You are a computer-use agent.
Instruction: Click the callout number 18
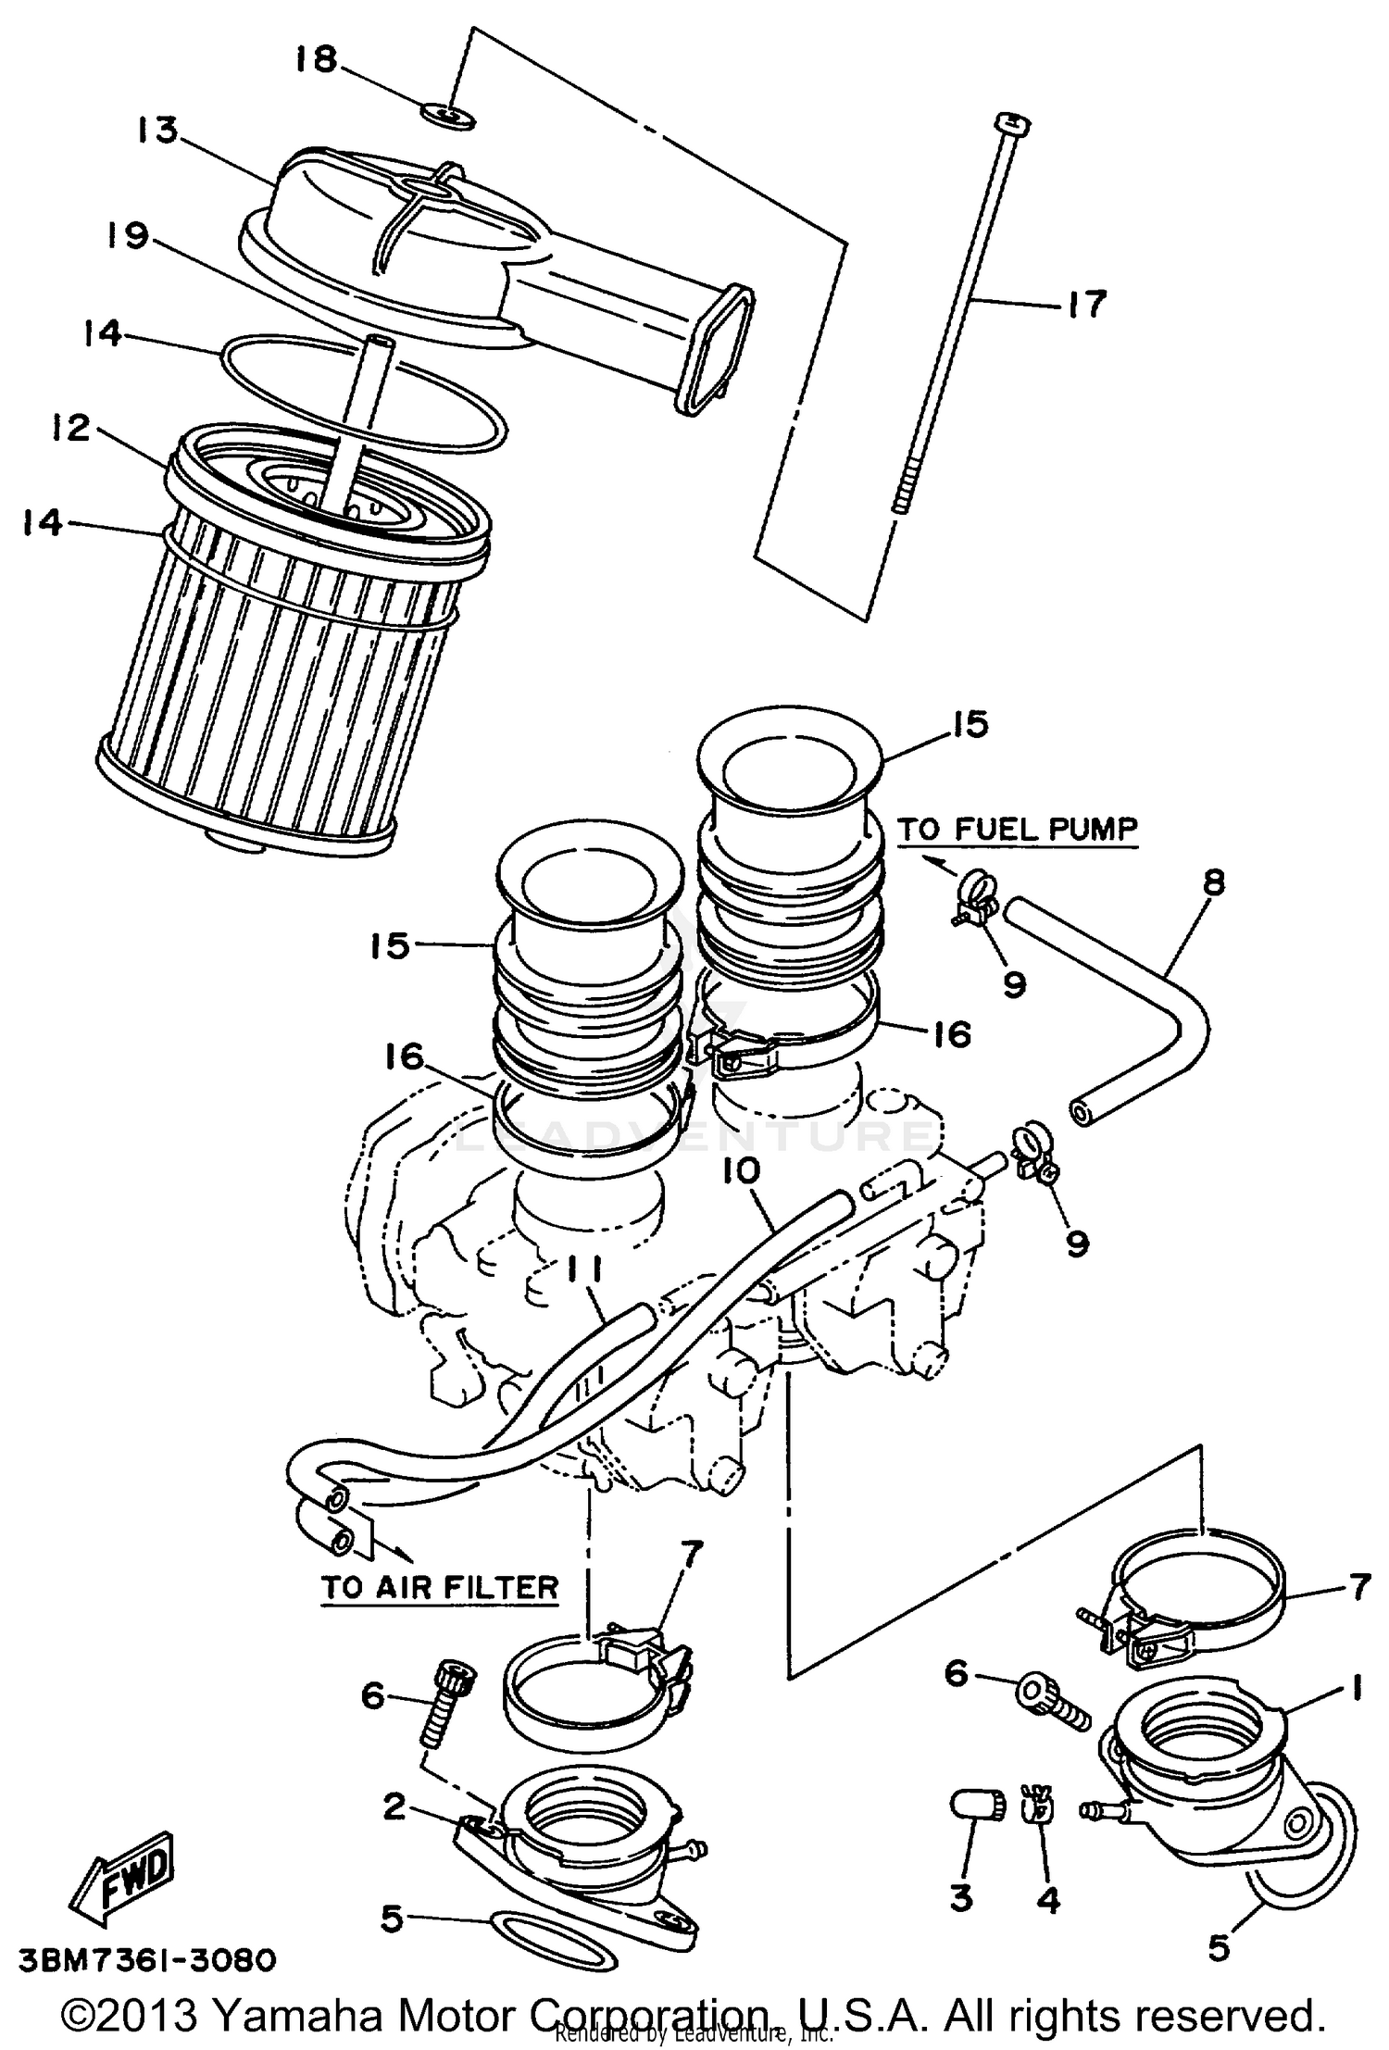point(316,60)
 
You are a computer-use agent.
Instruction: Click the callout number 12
point(69,428)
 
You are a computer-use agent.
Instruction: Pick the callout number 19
point(126,237)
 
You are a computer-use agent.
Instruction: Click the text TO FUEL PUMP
point(1016,829)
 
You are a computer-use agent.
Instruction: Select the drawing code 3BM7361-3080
point(147,1960)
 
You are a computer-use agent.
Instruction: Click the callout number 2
point(394,1806)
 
